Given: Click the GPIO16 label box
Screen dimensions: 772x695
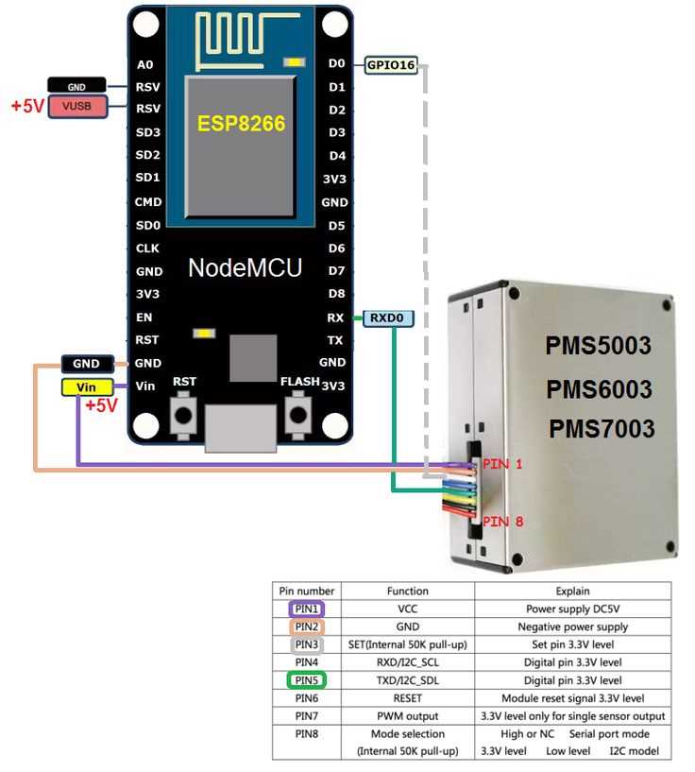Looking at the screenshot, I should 391,64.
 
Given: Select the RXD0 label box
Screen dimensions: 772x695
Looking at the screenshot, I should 387,318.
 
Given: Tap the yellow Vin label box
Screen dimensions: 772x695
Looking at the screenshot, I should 87,386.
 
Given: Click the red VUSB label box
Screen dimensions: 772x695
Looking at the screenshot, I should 77,106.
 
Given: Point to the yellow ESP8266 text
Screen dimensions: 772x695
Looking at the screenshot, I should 241,124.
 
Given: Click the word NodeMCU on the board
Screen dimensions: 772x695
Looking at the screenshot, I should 246,267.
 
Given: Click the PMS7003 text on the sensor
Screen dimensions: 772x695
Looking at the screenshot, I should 602,428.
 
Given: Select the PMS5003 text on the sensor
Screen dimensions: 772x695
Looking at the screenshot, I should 598,346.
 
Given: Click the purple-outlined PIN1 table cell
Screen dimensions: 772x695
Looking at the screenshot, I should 306,609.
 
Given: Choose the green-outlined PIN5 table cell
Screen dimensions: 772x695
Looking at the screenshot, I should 306,680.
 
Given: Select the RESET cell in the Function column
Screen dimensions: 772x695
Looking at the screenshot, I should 407,698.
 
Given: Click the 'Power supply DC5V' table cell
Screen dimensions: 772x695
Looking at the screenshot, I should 573,609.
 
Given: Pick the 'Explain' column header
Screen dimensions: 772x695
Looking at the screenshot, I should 573,592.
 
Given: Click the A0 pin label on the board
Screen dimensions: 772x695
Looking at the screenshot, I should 144,64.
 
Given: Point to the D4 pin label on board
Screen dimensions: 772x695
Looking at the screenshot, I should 337,155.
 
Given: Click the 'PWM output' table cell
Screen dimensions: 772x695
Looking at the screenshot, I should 407,716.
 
